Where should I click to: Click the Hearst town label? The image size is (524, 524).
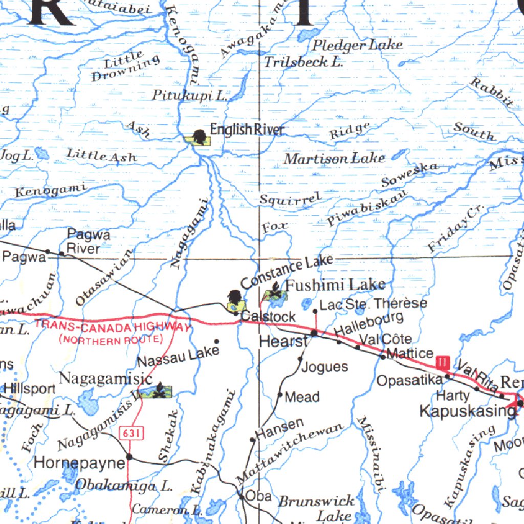point(283,341)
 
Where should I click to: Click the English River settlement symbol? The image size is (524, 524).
point(200,137)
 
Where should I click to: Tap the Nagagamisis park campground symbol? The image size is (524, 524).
point(160,391)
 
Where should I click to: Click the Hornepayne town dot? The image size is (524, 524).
point(129,456)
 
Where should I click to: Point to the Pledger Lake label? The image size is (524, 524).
point(357,45)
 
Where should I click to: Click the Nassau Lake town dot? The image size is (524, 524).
point(216,341)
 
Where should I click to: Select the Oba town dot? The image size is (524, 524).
point(241,496)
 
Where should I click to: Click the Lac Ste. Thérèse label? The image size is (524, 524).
point(373,304)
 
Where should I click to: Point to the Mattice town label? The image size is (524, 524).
point(411,353)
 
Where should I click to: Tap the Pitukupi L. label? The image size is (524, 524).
point(190,95)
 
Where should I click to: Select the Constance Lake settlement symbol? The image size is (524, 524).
point(235,298)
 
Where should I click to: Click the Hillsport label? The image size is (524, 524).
point(30,388)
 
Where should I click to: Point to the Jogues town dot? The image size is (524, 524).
point(300,359)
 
